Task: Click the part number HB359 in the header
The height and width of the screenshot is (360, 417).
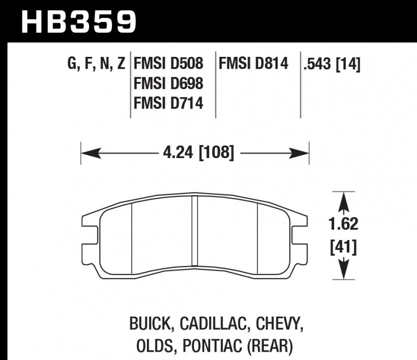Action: tap(78, 21)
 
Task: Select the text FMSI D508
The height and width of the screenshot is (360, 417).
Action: tap(168, 64)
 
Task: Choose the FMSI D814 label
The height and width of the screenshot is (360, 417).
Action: tap(253, 64)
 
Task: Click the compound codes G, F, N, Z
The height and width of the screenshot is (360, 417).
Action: tap(96, 64)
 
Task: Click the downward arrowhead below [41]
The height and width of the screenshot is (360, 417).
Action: tap(342, 271)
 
